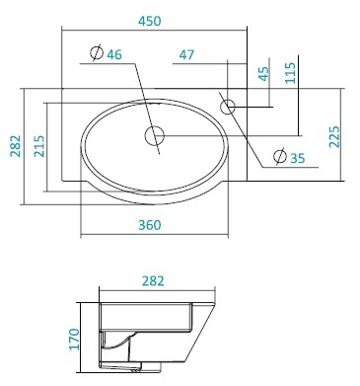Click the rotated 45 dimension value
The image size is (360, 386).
pyautogui.click(x=262, y=74)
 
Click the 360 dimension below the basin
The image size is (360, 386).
pyautogui.click(x=150, y=225)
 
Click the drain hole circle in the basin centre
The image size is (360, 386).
pyautogui.click(x=156, y=135)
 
